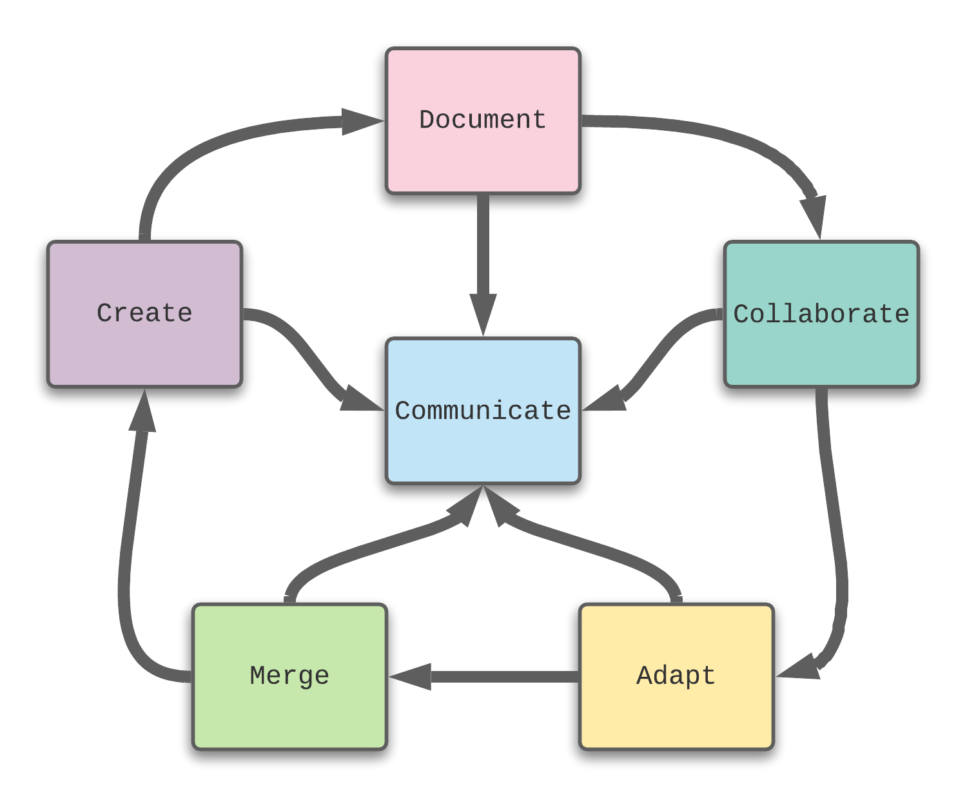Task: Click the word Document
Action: tap(483, 120)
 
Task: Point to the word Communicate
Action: tap(483, 411)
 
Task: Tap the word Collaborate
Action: tap(821, 314)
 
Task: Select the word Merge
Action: tap(289, 676)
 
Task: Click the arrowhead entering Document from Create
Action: tap(361, 121)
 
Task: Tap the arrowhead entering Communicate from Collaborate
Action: tap(606, 400)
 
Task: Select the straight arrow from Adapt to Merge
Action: tap(503, 677)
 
